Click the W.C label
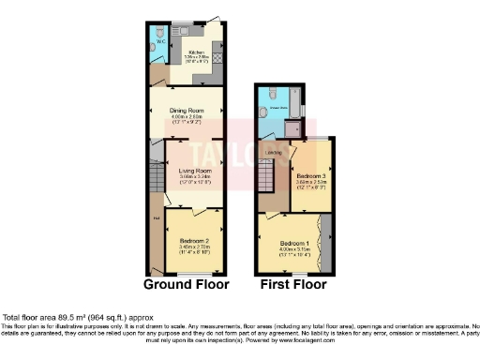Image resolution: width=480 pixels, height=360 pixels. (159, 42)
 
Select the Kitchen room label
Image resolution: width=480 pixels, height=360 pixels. (197, 52)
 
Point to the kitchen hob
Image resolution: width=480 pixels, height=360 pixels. (216, 58)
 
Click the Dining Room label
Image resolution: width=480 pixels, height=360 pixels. (186, 111)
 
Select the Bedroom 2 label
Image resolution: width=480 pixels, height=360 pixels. (194, 240)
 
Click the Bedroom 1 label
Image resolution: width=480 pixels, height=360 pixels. (292, 245)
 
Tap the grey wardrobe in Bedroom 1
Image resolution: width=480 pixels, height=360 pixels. (325, 242)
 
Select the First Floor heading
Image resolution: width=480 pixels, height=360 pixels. (294, 283)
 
